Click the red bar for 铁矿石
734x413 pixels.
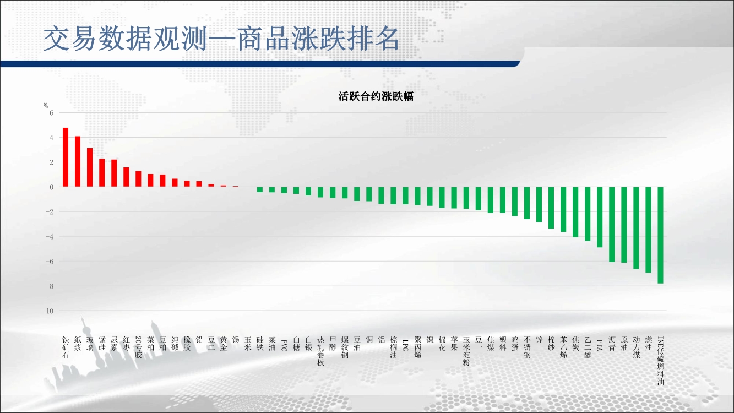click(66, 157)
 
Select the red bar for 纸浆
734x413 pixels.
click(78, 161)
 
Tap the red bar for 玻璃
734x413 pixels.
click(90, 167)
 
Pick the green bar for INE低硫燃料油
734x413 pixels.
click(661, 235)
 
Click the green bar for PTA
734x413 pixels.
click(600, 217)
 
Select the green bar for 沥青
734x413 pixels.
click(612, 225)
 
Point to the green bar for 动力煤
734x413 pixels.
click(636, 228)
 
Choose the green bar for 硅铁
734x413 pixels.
click(260, 189)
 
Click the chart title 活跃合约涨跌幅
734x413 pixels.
click(376, 96)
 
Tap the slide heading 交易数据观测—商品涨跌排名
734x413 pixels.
click(221, 39)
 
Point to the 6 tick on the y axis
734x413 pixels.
click(51, 113)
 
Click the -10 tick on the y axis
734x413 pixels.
click(48, 311)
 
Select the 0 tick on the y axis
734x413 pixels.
click(51, 187)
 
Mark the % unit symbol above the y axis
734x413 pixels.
click(46, 106)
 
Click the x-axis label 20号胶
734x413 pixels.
click(138, 347)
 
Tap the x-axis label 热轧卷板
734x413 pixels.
click(320, 351)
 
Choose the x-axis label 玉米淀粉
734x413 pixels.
click(466, 351)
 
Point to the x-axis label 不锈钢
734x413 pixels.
click(527, 347)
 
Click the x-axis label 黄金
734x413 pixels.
click(224, 344)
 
